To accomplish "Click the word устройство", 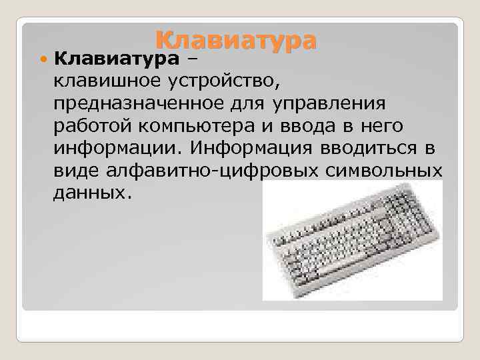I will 225,82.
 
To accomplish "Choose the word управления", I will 329,104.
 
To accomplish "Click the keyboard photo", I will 352,240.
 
